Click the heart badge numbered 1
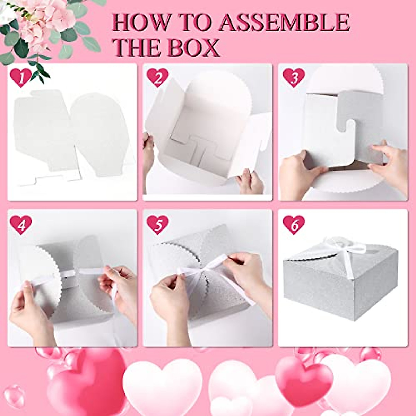[21, 78]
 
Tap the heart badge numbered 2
[157, 78]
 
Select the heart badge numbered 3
[294, 78]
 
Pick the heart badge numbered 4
[21, 225]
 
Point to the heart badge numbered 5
[157, 225]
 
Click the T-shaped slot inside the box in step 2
[196, 153]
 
